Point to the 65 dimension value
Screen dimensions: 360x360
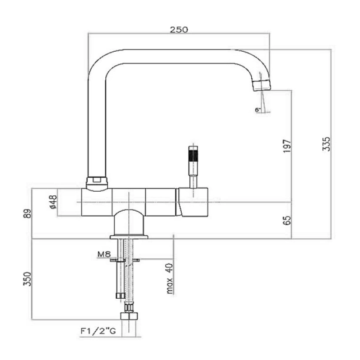286,221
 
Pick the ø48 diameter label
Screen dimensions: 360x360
52,202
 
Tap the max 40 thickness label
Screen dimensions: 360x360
168,279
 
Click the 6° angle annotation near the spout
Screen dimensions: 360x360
258,110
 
